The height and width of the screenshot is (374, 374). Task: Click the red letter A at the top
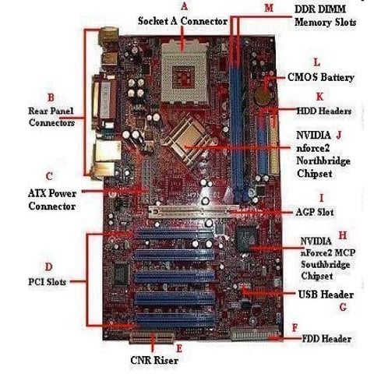[x=185, y=5]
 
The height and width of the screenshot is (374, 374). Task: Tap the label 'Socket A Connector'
[x=183, y=20]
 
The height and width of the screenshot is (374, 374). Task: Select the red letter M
[x=269, y=8]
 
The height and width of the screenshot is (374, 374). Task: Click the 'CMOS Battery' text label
[x=321, y=78]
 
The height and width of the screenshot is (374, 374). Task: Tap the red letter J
[x=339, y=134]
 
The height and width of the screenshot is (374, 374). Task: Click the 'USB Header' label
[x=326, y=295]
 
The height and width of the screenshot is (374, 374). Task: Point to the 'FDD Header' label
[x=326, y=339]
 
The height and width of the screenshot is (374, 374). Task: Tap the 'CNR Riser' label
[x=153, y=361]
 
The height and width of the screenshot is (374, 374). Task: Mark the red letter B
[x=51, y=97]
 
